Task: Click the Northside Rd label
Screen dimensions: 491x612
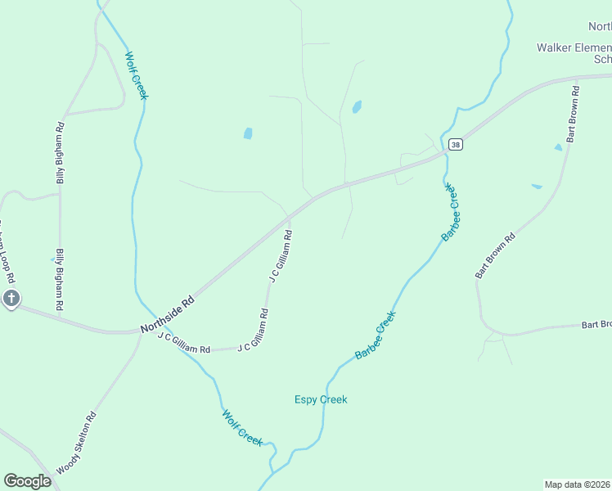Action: pyautogui.click(x=167, y=313)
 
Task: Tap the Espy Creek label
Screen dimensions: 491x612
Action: pyautogui.click(x=321, y=399)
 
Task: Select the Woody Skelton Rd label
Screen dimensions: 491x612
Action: pyautogui.click(x=77, y=444)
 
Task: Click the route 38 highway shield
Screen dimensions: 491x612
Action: pyautogui.click(x=456, y=145)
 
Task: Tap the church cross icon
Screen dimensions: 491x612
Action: pyautogui.click(x=11, y=299)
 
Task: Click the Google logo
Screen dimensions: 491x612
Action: pyautogui.click(x=27, y=481)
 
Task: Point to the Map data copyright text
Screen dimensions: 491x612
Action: pyautogui.click(x=578, y=484)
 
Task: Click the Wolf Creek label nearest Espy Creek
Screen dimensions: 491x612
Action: pyautogui.click(x=242, y=427)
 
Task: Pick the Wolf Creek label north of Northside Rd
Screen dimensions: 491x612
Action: pyautogui.click(x=136, y=76)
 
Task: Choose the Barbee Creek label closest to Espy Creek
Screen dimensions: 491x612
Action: pyautogui.click(x=376, y=335)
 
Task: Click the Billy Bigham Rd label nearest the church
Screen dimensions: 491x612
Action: pyautogui.click(x=60, y=279)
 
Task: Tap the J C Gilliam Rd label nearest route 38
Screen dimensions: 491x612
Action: pyautogui.click(x=281, y=256)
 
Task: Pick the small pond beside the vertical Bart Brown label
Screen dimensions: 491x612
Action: pyautogui.click(x=559, y=147)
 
